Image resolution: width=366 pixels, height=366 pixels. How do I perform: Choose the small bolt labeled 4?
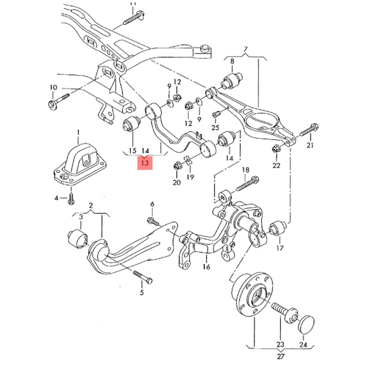pos(71,198)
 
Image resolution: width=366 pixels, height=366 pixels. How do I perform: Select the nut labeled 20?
pos(177,166)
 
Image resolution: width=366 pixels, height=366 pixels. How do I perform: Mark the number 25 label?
pos(215,127)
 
